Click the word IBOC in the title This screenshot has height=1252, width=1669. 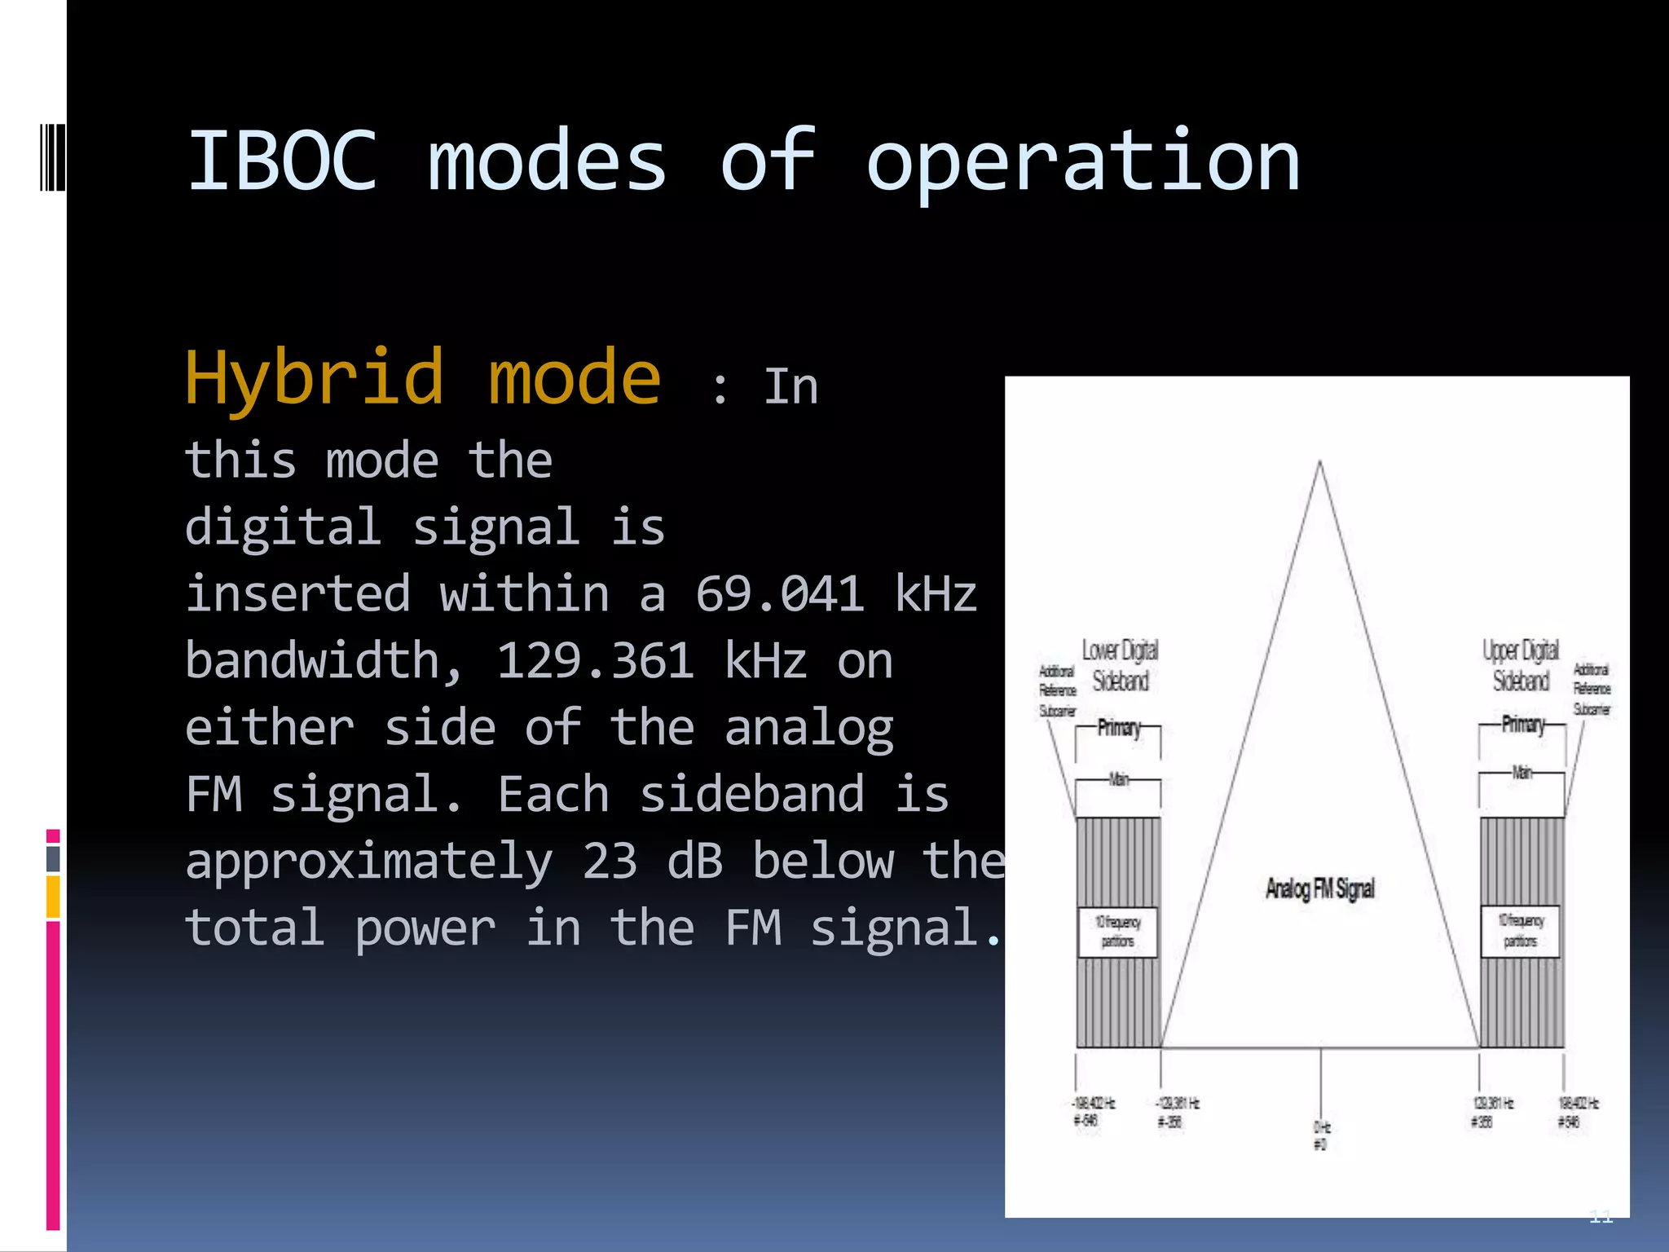click(x=282, y=161)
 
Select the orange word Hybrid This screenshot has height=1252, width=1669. click(x=315, y=378)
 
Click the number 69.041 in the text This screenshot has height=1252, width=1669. click(x=779, y=593)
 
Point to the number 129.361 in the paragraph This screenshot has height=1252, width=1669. click(x=595, y=660)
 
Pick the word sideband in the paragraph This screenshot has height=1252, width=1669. click(x=751, y=794)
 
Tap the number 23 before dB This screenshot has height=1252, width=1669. click(x=610, y=861)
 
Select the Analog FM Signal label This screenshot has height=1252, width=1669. click(x=1319, y=888)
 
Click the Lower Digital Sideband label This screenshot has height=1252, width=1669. click(x=1120, y=665)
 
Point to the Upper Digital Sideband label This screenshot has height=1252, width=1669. click(x=1521, y=665)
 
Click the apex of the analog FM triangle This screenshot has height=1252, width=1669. click(x=1319, y=463)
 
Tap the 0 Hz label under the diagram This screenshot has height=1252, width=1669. click(x=1321, y=1135)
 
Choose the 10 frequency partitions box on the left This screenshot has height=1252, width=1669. click(x=1117, y=932)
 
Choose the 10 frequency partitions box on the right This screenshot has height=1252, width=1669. click(x=1520, y=931)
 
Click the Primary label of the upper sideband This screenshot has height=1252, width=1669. click(x=1522, y=724)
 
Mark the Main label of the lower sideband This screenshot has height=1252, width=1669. click(x=1119, y=779)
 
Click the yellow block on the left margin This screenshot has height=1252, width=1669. click(x=53, y=897)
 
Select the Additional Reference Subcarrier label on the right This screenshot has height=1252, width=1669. click(x=1592, y=690)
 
